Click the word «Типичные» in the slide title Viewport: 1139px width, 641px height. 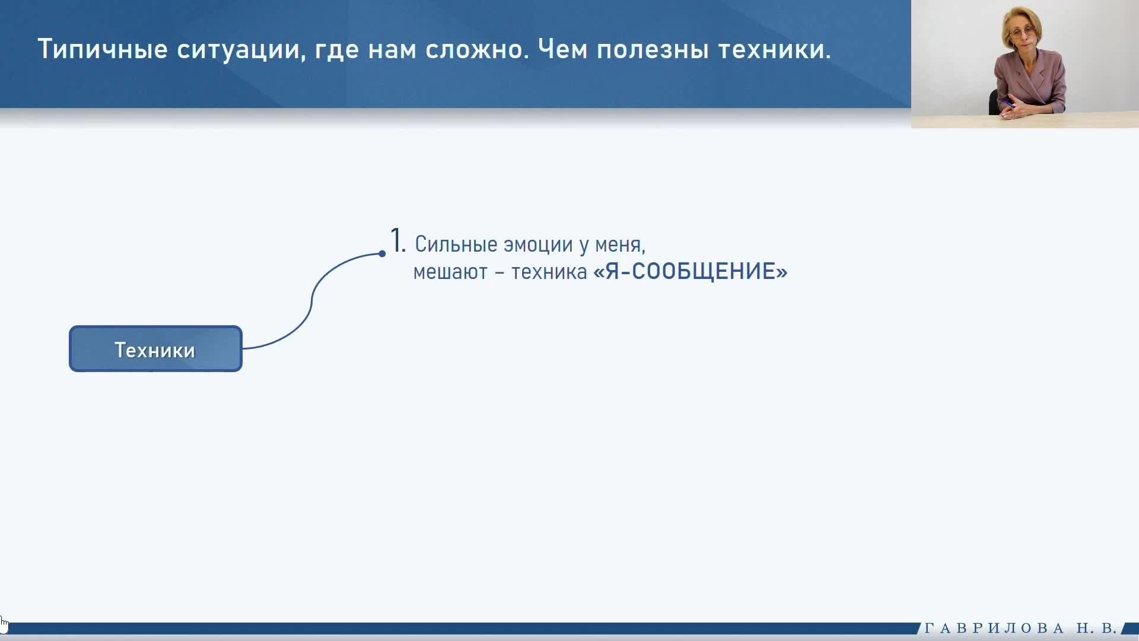pos(103,49)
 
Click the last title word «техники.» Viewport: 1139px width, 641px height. pos(775,49)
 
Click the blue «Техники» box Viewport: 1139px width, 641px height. pos(155,349)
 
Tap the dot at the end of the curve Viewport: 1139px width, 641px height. pos(382,253)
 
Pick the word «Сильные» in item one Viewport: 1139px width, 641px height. pos(456,244)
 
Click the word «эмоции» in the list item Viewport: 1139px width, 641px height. pos(538,245)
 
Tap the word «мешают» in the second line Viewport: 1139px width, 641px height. pos(450,272)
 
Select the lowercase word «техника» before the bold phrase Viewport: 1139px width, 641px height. pos(549,272)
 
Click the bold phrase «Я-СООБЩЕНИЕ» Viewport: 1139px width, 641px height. pos(691,271)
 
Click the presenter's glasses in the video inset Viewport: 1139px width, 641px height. pos(1021,31)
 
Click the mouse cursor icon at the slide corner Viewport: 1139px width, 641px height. pos(4,625)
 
